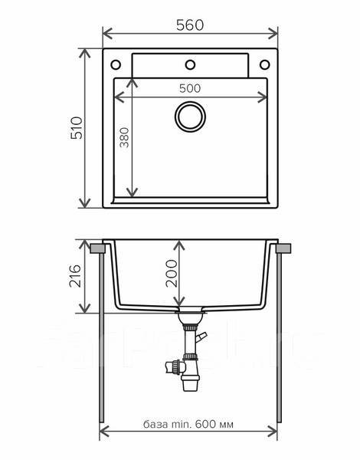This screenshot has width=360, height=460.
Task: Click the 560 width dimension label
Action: click(x=191, y=24)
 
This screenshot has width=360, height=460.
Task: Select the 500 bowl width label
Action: click(x=191, y=87)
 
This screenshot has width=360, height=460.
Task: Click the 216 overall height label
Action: click(x=75, y=275)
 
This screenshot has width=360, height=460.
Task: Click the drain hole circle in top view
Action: click(x=189, y=117)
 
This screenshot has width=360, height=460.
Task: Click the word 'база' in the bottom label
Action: click(x=155, y=425)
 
